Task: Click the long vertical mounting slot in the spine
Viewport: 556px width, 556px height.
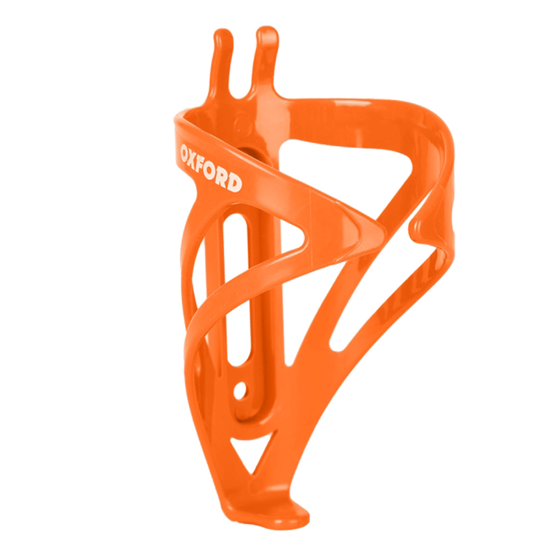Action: (x=234, y=292)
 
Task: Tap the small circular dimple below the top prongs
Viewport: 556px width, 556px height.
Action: (x=243, y=124)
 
